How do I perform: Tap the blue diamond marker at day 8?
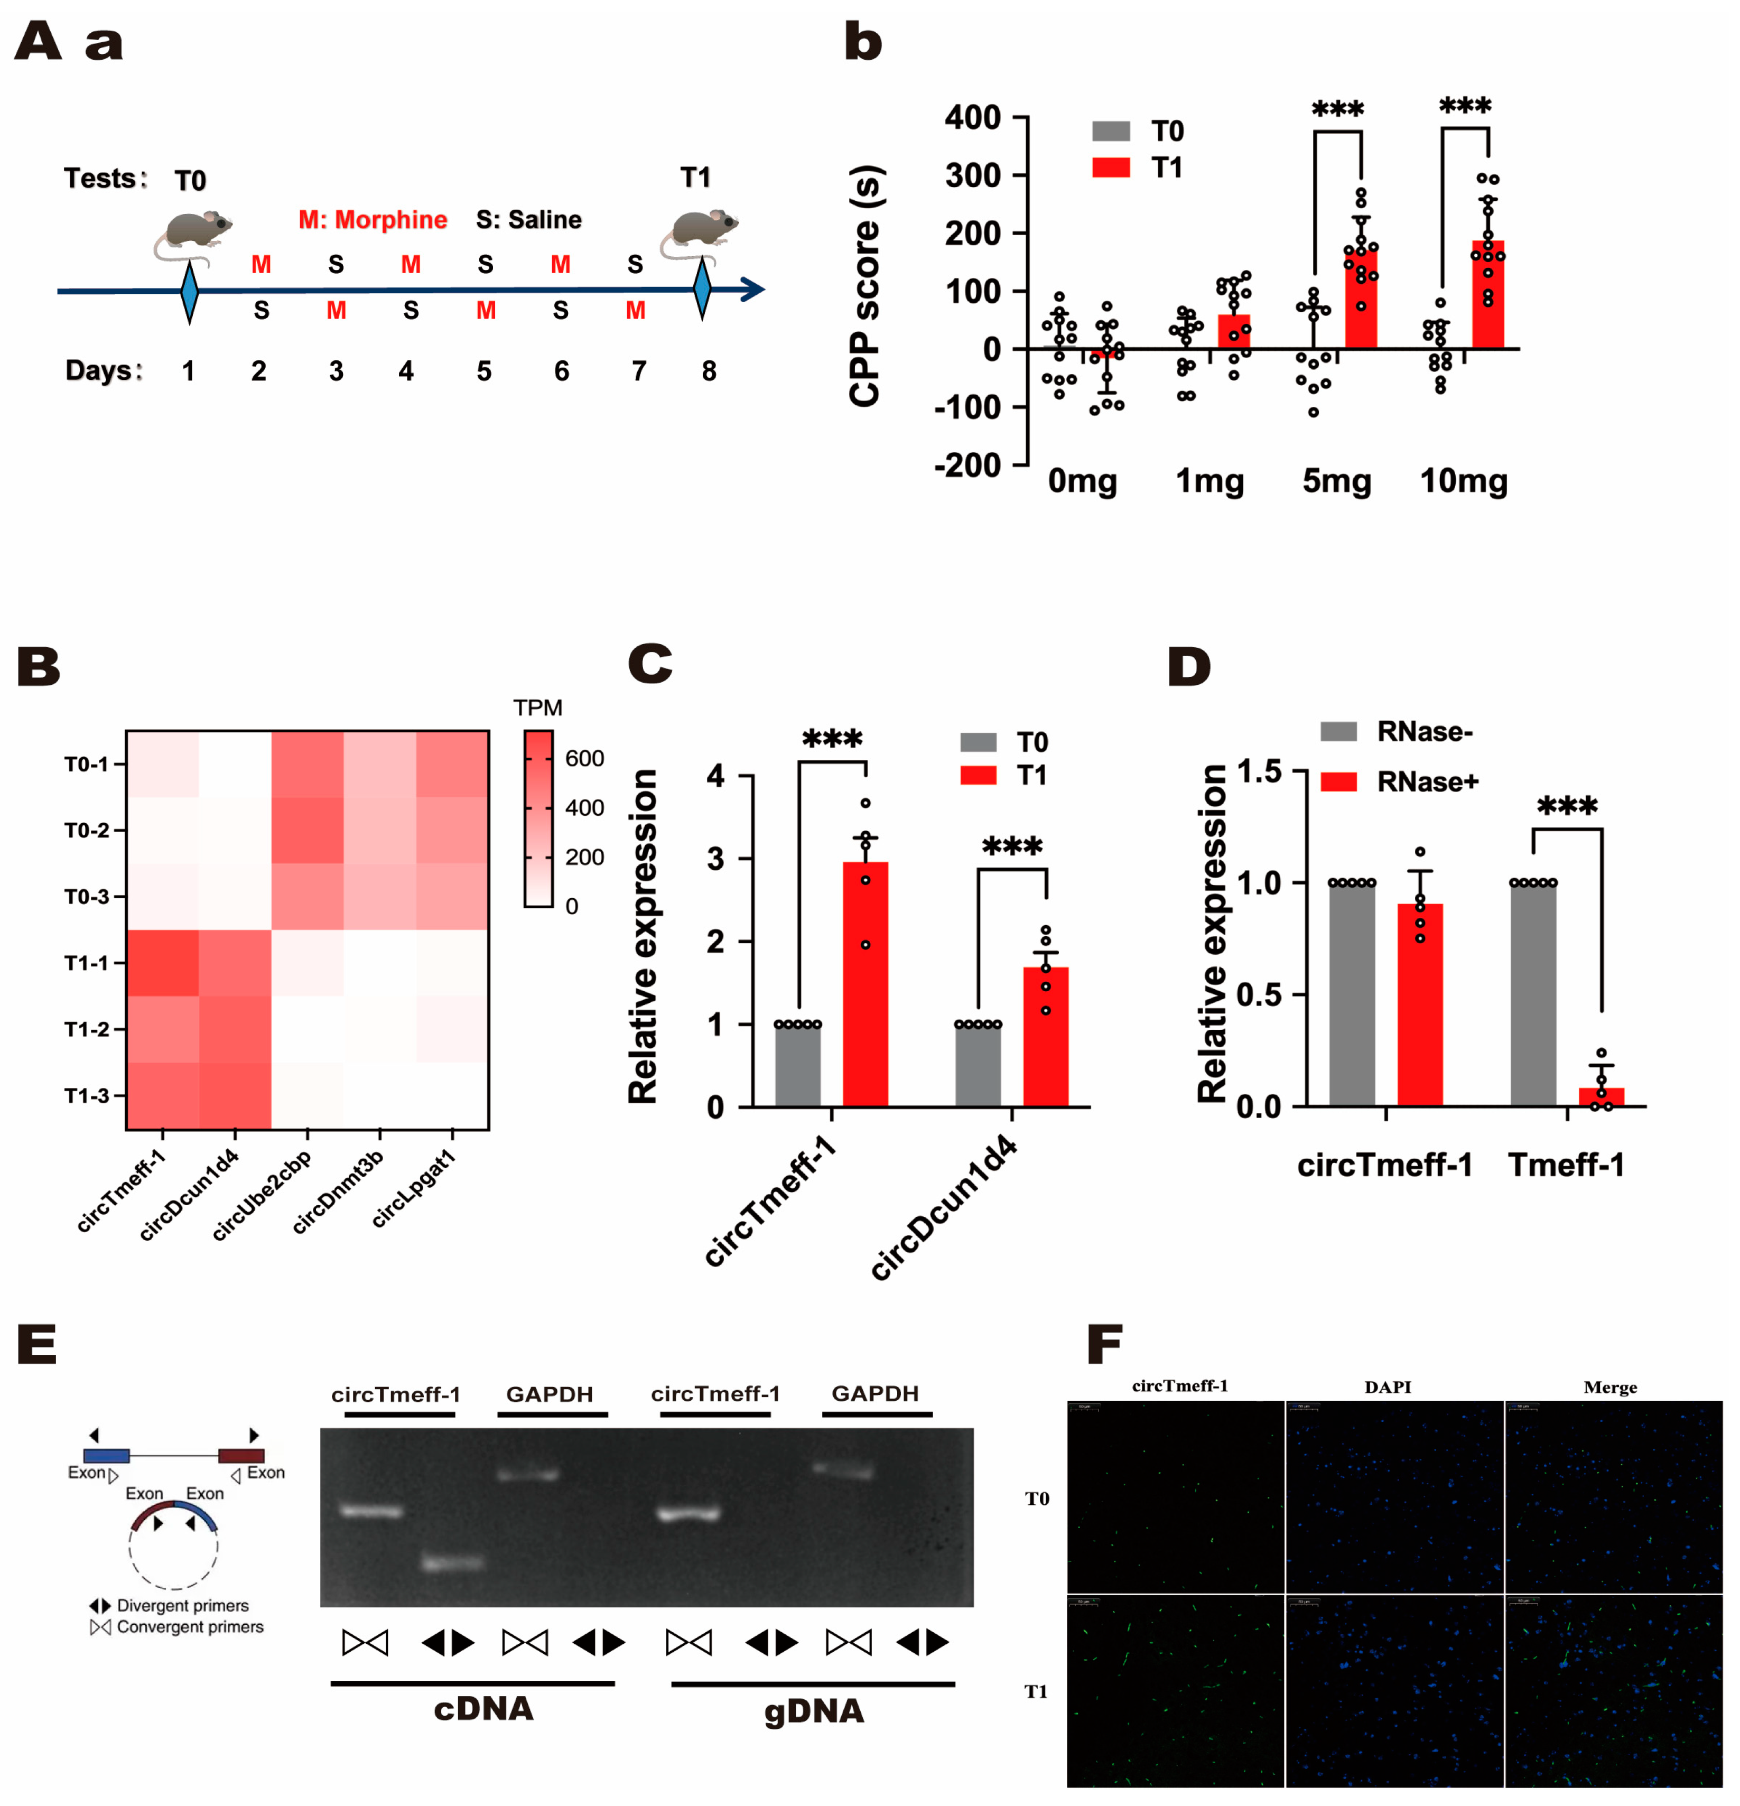click(702, 290)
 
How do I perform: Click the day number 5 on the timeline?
click(484, 371)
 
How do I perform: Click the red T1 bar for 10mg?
click(1487, 295)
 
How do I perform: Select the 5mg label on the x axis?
click(1336, 481)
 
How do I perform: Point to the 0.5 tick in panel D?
click(1259, 995)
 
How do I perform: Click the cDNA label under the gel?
click(484, 1709)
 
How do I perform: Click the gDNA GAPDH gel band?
click(842, 1472)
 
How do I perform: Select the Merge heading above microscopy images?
click(1610, 1388)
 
